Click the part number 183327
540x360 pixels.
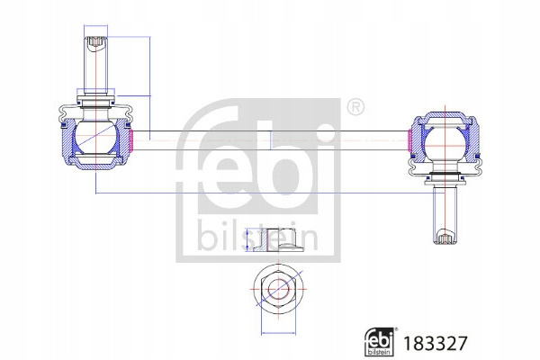[435, 343]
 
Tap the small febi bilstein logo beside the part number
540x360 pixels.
[380, 342]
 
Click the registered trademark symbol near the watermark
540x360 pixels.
[355, 107]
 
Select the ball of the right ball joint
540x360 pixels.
[445, 144]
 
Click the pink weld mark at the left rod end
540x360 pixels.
[130, 140]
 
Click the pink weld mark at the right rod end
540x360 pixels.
[409, 140]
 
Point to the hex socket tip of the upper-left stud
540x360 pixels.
[95, 42]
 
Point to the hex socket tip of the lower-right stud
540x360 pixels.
[445, 238]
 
